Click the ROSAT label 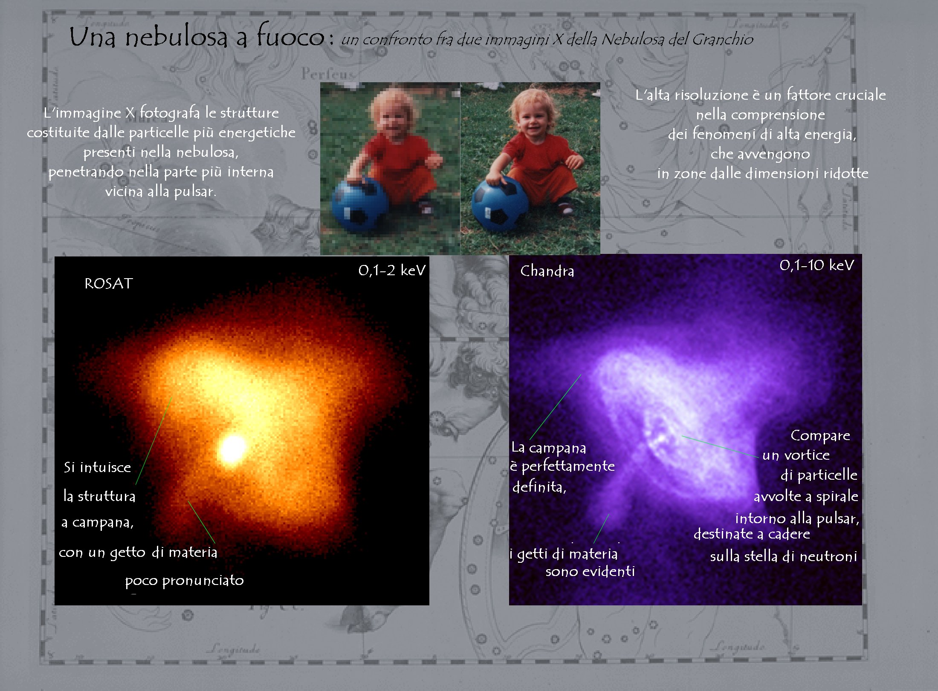[109, 283]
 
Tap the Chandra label [547, 271]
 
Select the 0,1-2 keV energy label [392, 270]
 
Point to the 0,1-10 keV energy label [816, 265]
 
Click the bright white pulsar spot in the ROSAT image [232, 449]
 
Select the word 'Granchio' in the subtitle [722, 39]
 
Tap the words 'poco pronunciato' [184, 581]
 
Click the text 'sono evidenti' [590, 571]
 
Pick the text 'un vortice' [796, 455]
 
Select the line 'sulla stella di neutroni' [783, 556]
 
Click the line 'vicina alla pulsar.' [160, 191]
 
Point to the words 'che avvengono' [760, 154]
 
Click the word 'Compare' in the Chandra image [820, 436]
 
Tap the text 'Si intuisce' [97, 467]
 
